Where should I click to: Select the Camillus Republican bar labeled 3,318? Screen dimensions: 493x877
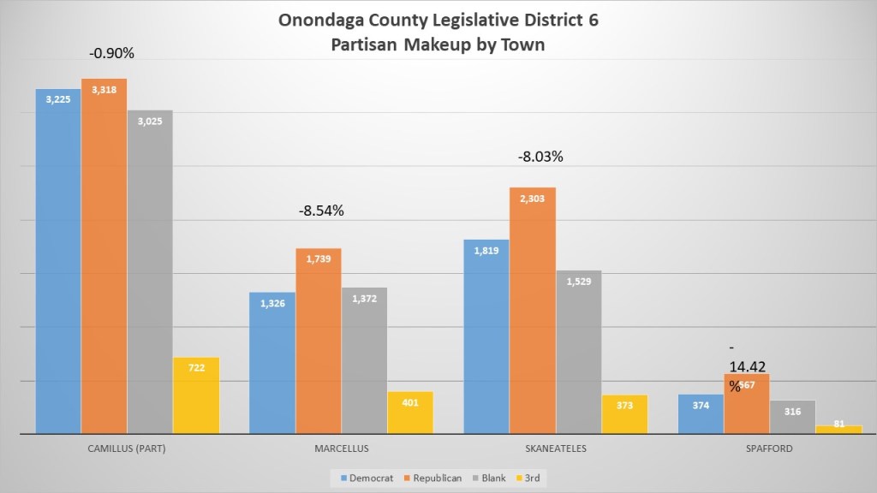(104, 257)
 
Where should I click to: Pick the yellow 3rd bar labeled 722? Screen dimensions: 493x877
(196, 395)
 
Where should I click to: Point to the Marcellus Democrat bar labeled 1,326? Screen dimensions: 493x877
(272, 363)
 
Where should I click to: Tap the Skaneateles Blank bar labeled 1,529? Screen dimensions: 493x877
(579, 352)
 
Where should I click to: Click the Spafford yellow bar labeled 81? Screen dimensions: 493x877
(838, 429)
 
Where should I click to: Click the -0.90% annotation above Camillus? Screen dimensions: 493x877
(111, 53)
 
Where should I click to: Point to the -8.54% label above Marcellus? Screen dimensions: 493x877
(320, 210)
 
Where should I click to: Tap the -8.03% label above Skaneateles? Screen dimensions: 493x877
(540, 157)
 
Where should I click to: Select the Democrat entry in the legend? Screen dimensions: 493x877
(360, 478)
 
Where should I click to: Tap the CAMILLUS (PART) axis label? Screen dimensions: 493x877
(127, 448)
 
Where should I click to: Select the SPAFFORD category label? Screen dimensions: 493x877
(768, 448)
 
